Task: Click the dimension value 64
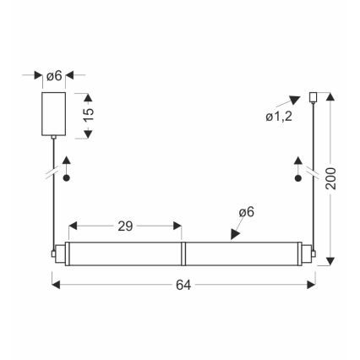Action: [x=182, y=285]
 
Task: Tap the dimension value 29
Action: [x=125, y=226]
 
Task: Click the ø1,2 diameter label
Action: [x=279, y=116]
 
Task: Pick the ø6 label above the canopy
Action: [x=53, y=76]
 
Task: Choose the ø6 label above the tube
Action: [x=245, y=210]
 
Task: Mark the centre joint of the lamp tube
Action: [x=183, y=253]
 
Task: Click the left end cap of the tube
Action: [x=54, y=253]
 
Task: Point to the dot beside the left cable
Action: [x=67, y=180]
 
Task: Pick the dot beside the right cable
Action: [x=298, y=179]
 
